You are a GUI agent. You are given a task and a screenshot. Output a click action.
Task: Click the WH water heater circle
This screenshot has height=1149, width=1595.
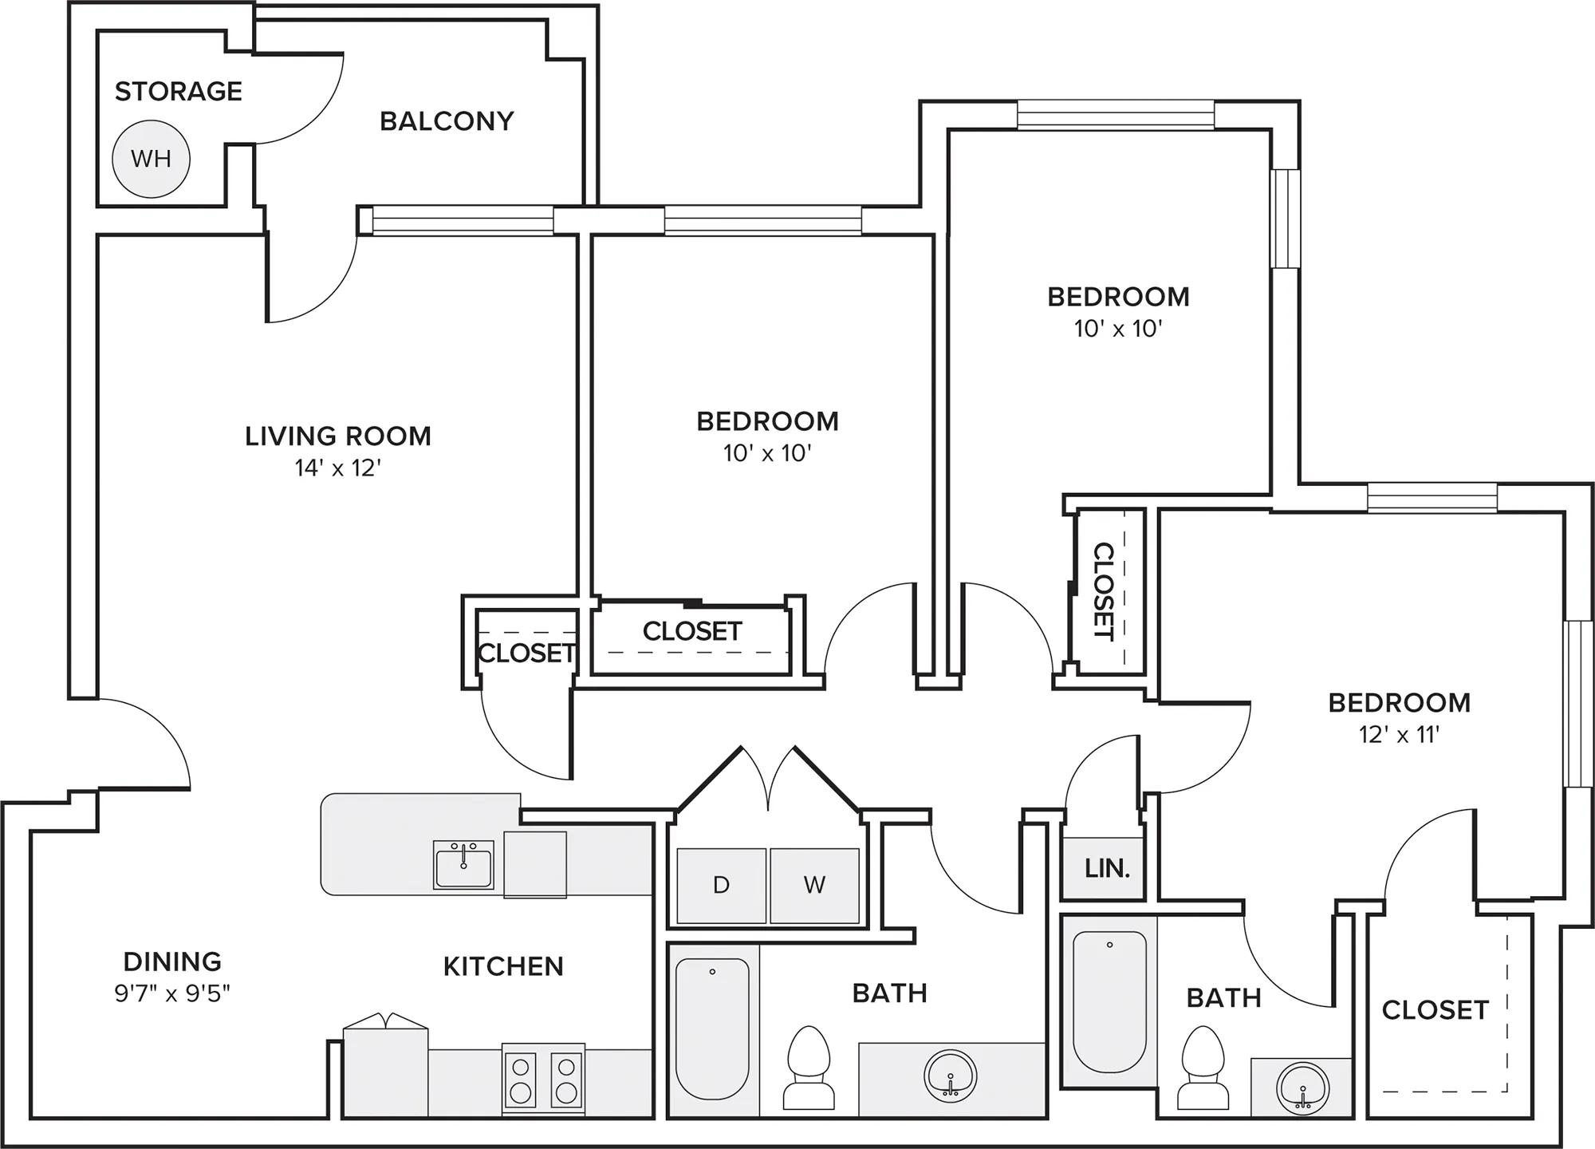click(151, 159)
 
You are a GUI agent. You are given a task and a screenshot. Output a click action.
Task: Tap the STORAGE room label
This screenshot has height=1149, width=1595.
click(179, 91)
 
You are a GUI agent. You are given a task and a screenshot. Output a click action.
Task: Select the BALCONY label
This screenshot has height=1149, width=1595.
click(447, 120)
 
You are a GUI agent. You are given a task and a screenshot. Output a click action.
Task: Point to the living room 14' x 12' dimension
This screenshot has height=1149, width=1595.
click(338, 468)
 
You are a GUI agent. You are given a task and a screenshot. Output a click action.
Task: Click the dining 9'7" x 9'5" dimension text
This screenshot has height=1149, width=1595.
click(172, 993)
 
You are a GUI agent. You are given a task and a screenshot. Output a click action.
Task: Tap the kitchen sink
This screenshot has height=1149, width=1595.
click(463, 864)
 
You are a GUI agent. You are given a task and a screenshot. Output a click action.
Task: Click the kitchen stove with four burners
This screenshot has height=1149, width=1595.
click(543, 1079)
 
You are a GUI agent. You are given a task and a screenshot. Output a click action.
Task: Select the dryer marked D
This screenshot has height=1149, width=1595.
click(721, 886)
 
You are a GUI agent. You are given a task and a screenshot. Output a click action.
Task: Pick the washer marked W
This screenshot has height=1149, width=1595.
click(814, 886)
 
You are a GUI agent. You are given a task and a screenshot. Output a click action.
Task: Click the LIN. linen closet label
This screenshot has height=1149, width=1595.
click(1107, 868)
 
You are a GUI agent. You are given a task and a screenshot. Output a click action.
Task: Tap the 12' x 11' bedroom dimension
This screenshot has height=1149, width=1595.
click(1400, 734)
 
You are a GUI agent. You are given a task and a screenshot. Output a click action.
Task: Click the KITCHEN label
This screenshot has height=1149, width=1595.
click(503, 966)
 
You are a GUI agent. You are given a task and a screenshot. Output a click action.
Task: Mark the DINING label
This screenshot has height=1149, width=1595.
click(172, 961)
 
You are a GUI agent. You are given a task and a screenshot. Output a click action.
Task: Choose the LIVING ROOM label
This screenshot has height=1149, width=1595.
click(338, 436)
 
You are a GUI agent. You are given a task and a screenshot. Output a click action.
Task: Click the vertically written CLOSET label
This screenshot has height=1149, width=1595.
click(1103, 591)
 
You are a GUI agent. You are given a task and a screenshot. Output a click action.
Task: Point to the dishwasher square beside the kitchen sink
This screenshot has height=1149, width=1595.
click(535, 865)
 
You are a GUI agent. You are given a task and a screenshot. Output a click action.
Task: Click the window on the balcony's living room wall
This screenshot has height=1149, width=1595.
click(463, 220)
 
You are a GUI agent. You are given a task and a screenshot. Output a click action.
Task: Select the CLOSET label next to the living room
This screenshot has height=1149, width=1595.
click(526, 653)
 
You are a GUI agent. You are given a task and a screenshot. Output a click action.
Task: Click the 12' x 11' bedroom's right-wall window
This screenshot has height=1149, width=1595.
click(1578, 704)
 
